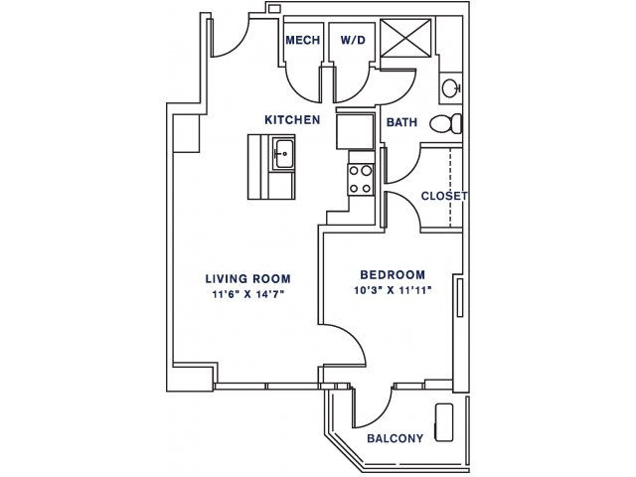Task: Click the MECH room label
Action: (x=302, y=40)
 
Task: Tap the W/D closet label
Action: (x=353, y=40)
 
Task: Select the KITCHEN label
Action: (x=292, y=119)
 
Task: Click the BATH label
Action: (x=401, y=122)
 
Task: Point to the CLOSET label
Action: (x=444, y=196)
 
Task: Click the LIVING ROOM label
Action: (x=247, y=278)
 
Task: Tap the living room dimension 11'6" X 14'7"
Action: (x=247, y=294)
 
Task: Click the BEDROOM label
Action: (x=393, y=274)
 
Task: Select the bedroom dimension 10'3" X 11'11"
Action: (x=393, y=290)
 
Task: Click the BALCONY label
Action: (x=396, y=438)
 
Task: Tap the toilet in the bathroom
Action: (x=446, y=123)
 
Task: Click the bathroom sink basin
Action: (x=451, y=87)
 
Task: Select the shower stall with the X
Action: (x=406, y=38)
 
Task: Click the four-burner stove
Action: (x=361, y=180)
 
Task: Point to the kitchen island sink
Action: (x=283, y=153)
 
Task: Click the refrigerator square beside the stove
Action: (x=356, y=131)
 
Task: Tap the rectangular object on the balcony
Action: (x=444, y=422)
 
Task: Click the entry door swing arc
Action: (x=238, y=46)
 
